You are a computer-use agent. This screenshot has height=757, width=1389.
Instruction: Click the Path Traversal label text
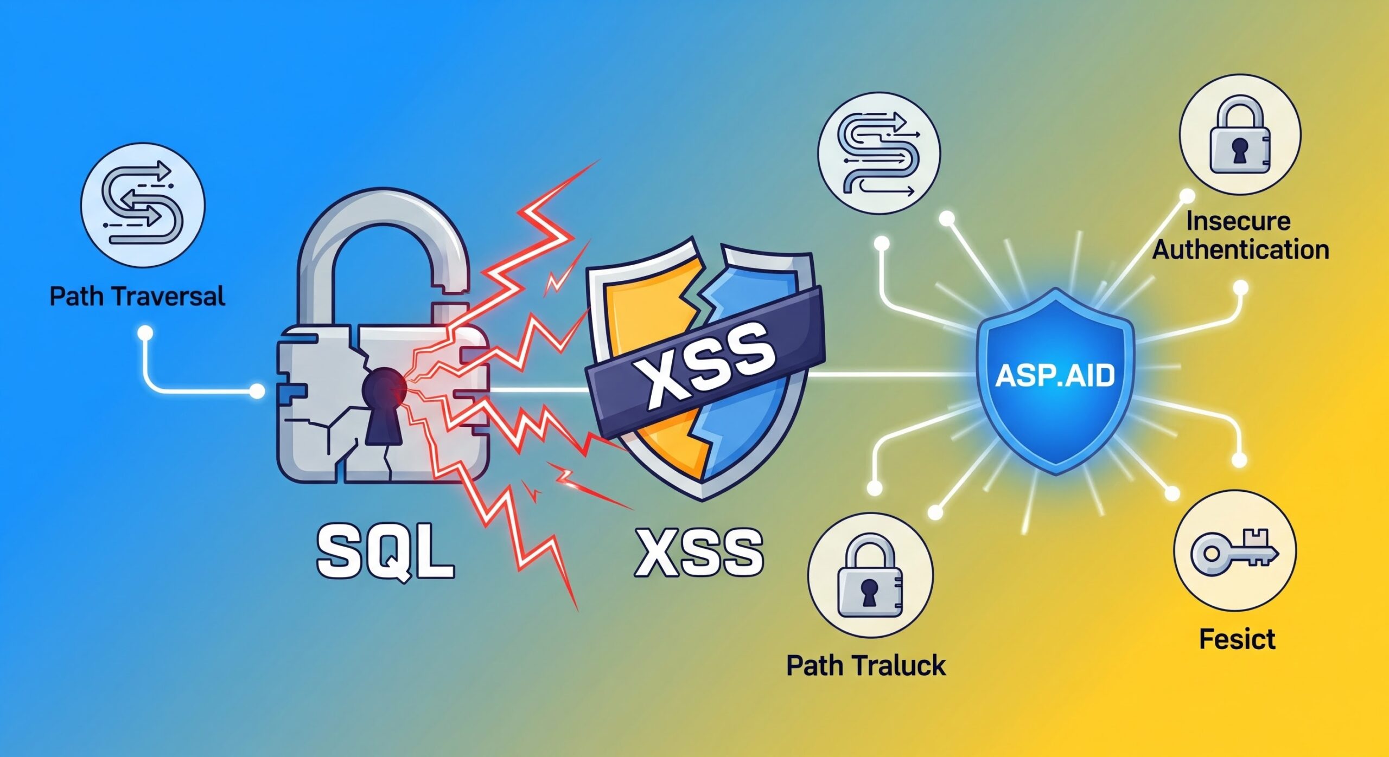tap(137, 297)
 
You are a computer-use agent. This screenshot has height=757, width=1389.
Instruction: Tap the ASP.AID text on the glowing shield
tap(1055, 376)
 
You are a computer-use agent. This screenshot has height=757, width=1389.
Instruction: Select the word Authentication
tap(1241, 250)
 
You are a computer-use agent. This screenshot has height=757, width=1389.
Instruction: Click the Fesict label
tap(1237, 639)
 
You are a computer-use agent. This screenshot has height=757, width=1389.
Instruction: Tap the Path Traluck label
tap(865, 665)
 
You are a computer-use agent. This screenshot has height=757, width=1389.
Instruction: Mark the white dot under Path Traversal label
tap(145, 332)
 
